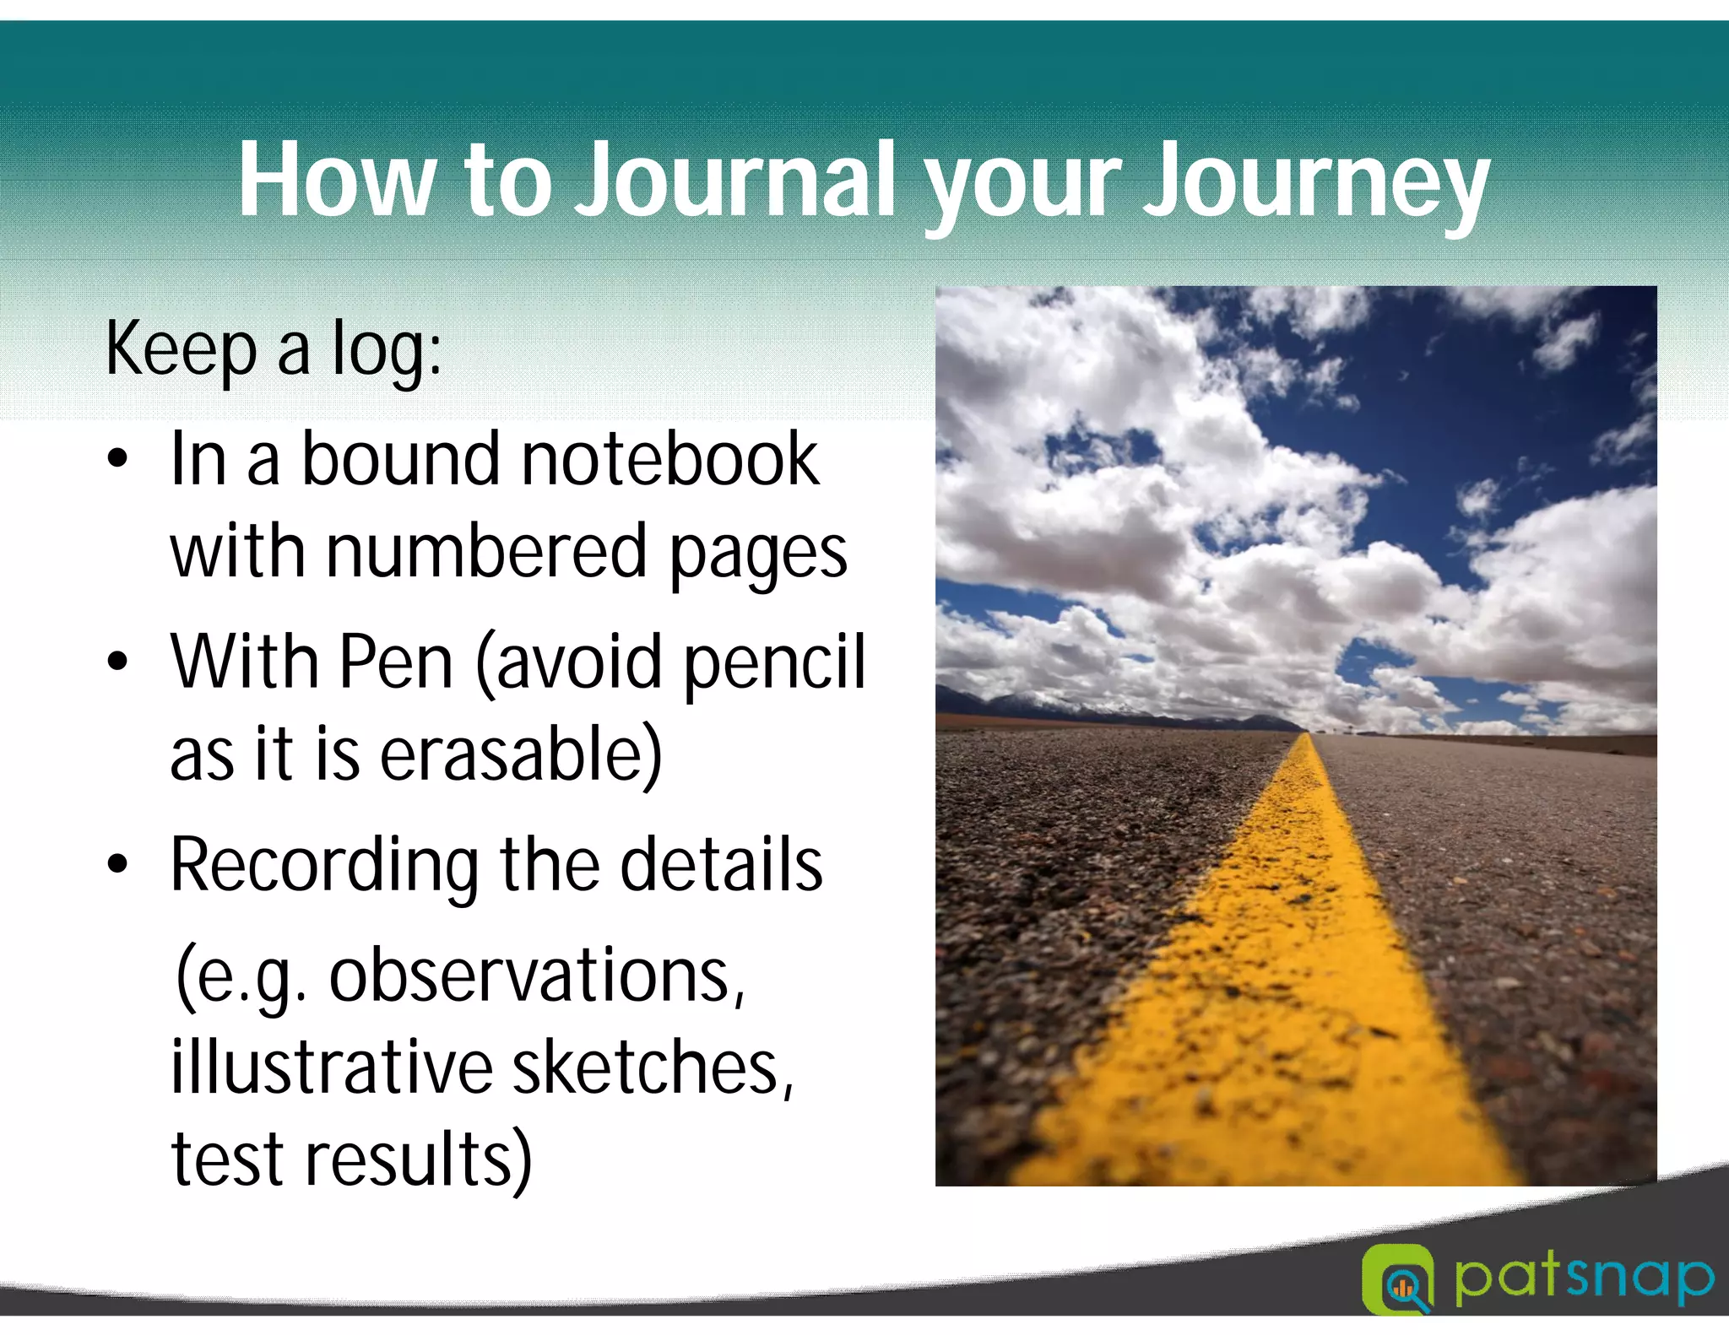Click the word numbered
(485, 552)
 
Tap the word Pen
(396, 662)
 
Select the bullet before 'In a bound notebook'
(117, 460)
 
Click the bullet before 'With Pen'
(117, 662)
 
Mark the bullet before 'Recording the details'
(117, 864)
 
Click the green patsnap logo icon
(1397, 1279)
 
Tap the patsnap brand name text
(1583, 1279)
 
